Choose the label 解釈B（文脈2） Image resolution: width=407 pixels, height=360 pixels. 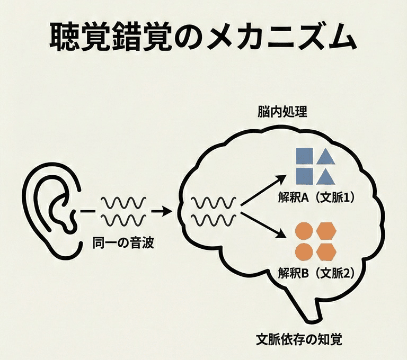316,274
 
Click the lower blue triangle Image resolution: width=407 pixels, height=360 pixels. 326,176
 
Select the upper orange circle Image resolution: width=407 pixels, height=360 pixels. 303,231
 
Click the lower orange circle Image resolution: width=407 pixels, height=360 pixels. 303,251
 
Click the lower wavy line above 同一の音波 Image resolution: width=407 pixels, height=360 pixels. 123,220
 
